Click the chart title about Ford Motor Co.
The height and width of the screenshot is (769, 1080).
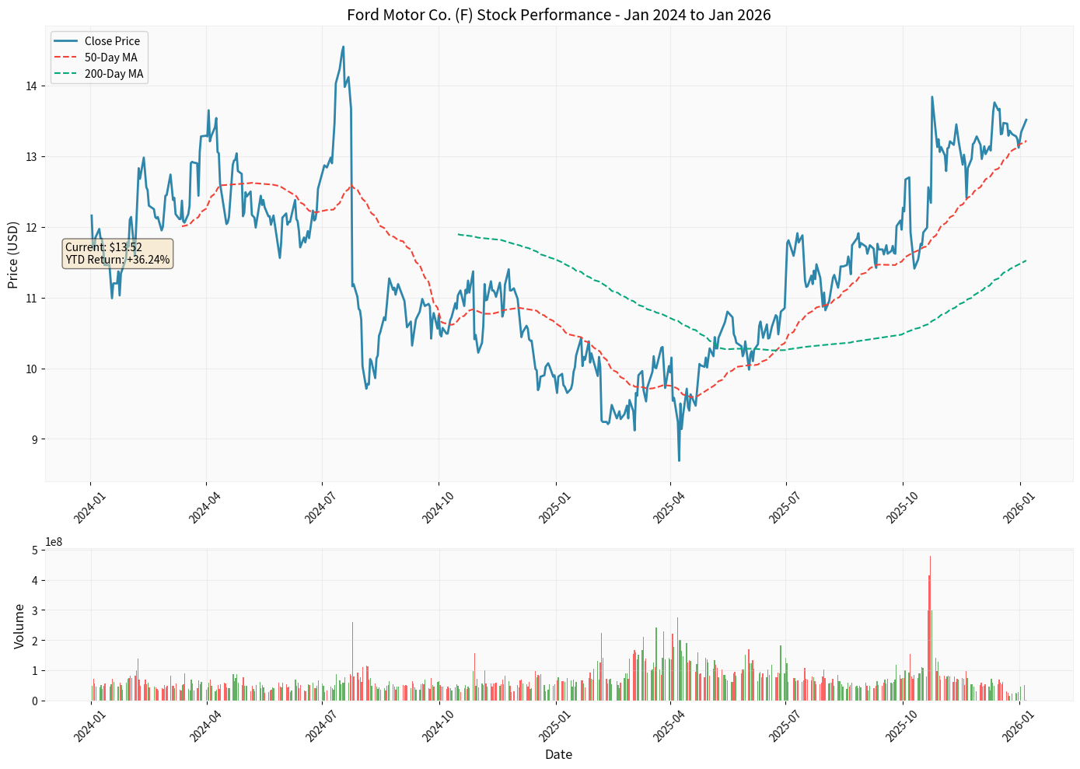(x=558, y=15)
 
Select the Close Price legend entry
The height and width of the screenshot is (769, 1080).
(x=112, y=41)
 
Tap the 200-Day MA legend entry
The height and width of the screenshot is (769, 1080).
(x=114, y=75)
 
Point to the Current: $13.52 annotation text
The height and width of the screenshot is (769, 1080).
(x=103, y=247)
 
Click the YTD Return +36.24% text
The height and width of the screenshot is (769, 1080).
(x=117, y=260)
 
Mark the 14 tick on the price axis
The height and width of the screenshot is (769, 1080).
(x=31, y=86)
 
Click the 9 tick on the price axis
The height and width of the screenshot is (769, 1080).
(x=34, y=439)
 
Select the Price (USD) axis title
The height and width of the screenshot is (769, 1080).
(x=13, y=255)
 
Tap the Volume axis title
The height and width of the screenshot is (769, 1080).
(x=19, y=626)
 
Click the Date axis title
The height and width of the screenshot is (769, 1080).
(x=558, y=754)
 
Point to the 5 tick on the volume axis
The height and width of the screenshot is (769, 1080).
(x=34, y=551)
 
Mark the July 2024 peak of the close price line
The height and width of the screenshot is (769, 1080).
(x=343, y=47)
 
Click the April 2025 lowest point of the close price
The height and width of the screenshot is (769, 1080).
(x=679, y=460)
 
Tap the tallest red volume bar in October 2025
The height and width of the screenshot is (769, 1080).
(x=930, y=557)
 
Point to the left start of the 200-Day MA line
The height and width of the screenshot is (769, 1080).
(x=459, y=234)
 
